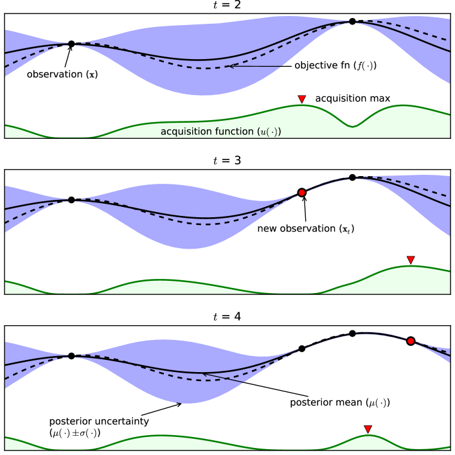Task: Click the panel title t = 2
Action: click(x=227, y=6)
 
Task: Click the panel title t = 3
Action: click(x=227, y=161)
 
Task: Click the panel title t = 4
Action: click(x=227, y=316)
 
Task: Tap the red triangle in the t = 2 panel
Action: click(x=301, y=99)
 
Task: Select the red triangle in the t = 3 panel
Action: click(x=411, y=260)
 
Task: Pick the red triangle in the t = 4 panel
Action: click(x=368, y=429)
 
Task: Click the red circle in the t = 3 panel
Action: click(x=301, y=192)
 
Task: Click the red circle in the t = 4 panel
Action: click(x=411, y=341)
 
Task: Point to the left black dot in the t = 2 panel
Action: click(x=71, y=44)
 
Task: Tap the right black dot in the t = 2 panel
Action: click(x=352, y=21)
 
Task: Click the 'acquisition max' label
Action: click(x=353, y=99)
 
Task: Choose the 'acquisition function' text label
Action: click(x=221, y=131)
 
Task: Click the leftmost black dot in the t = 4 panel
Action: click(x=71, y=355)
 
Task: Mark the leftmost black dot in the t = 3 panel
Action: click(x=71, y=200)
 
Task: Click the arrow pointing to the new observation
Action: click(x=303, y=209)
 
